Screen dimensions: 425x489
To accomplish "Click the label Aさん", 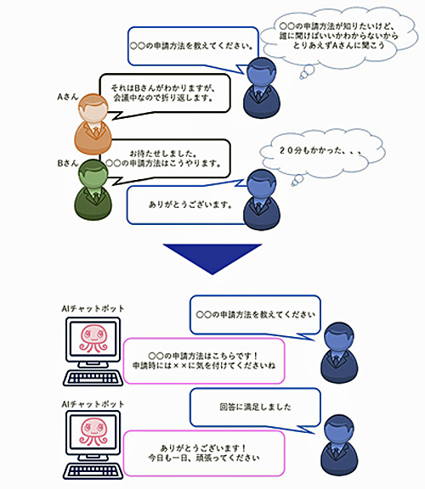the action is click(67, 97).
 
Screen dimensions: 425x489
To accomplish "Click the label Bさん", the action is click(67, 163).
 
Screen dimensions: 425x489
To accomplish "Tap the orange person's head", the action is click(93, 108).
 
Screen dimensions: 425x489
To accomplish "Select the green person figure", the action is click(93, 189).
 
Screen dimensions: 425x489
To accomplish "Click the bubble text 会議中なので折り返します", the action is click(163, 98).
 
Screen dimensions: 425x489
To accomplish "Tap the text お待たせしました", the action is click(163, 154).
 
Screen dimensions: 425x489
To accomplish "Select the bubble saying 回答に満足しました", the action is click(256, 407).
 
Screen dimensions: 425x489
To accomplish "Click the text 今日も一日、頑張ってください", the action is click(204, 458).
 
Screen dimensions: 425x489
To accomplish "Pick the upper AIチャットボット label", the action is click(93, 308).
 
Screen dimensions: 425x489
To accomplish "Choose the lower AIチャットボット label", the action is click(93, 404).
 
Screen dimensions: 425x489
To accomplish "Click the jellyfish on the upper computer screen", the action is click(93, 338).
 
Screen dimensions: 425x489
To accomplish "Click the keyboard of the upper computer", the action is click(93, 378).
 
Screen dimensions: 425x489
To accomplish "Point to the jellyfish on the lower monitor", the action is click(93, 431).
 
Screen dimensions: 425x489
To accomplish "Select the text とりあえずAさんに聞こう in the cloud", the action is click(338, 46).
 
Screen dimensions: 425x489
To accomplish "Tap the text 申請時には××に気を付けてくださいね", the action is click(204, 365).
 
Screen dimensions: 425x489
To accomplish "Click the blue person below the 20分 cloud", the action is click(262, 200).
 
